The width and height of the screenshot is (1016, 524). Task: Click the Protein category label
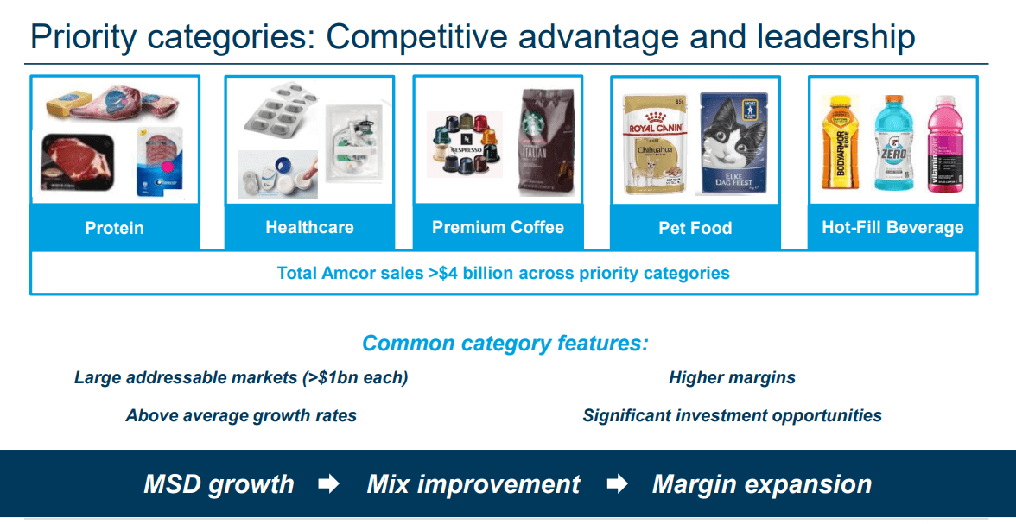click(114, 229)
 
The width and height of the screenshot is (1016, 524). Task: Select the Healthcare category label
click(309, 228)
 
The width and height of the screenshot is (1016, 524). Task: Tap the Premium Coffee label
click(498, 228)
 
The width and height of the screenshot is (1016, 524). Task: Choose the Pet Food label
click(695, 229)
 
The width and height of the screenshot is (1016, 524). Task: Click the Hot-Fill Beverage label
click(892, 228)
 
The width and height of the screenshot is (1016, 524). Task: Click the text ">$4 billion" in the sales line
click(467, 274)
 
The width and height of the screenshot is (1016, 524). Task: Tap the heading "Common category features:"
click(505, 344)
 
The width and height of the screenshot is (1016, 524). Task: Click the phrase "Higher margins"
click(732, 377)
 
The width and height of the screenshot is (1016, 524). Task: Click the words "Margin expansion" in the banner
click(761, 484)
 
